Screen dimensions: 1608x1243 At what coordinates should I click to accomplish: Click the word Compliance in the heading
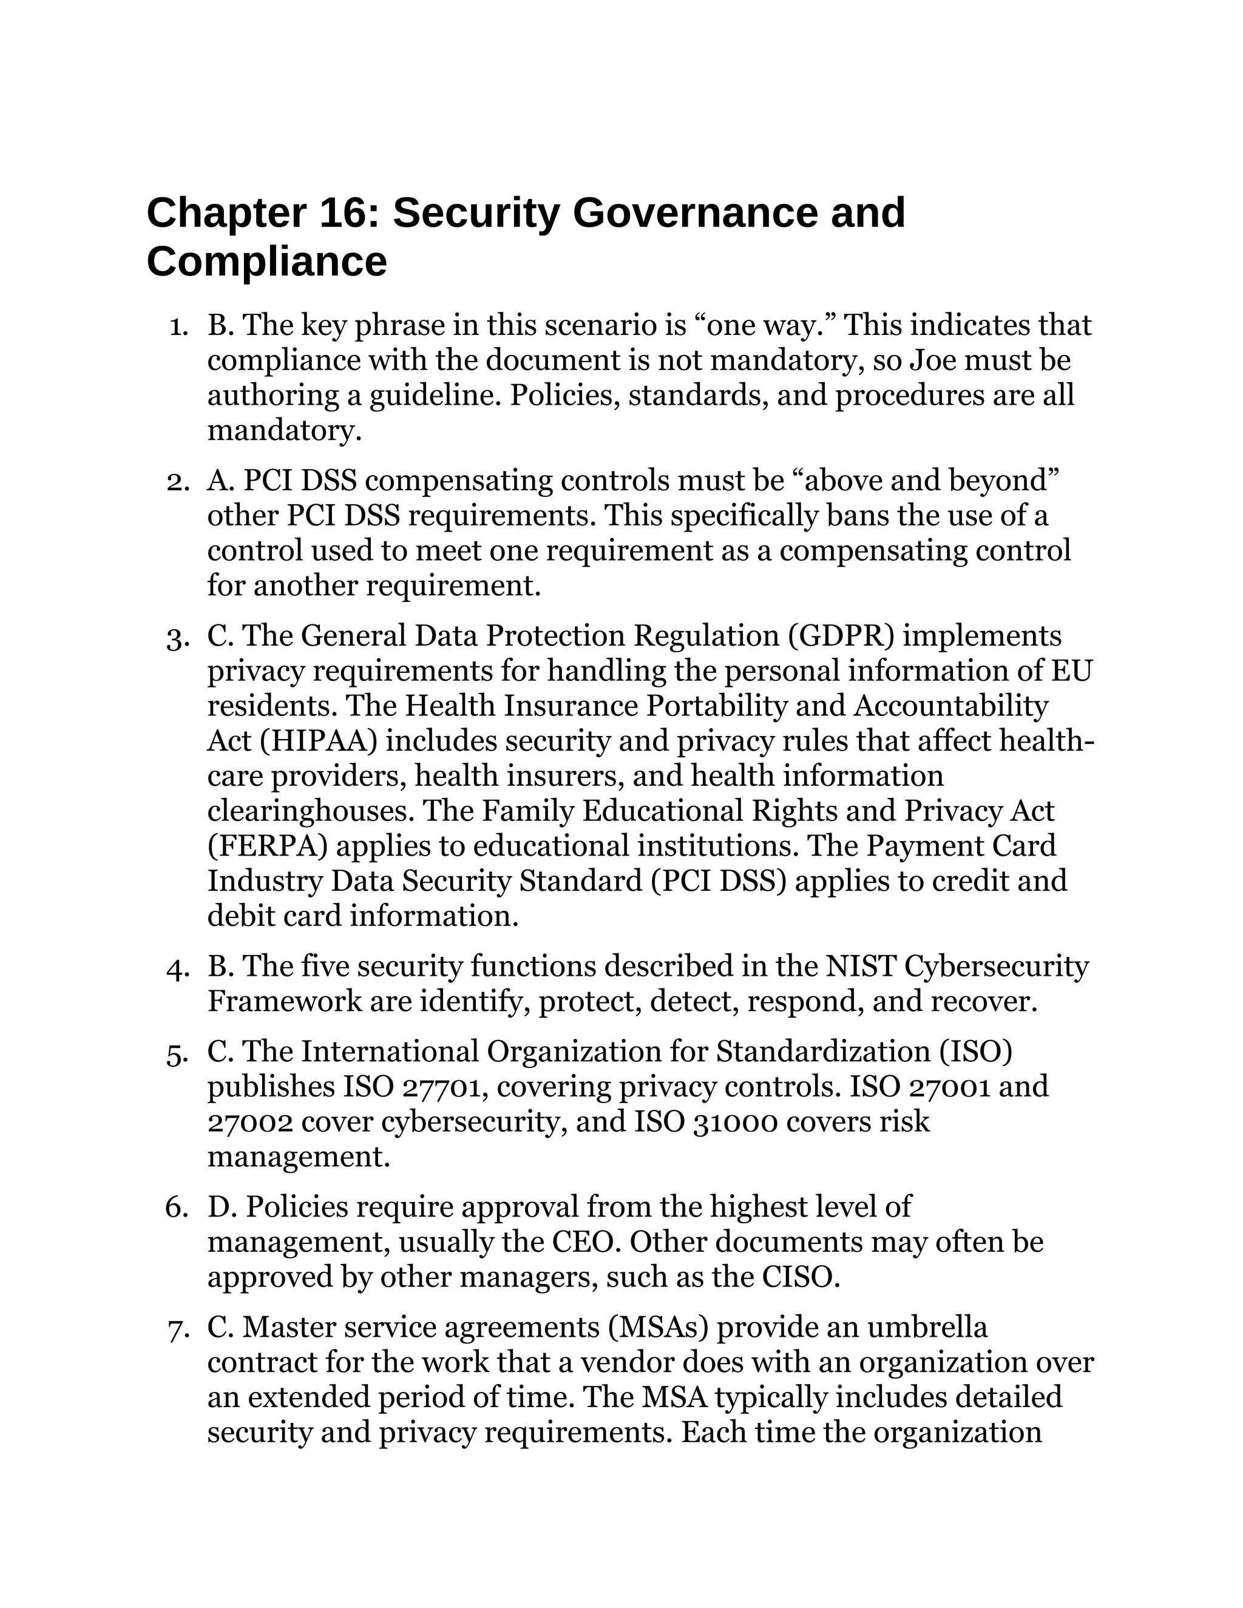(266, 262)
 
